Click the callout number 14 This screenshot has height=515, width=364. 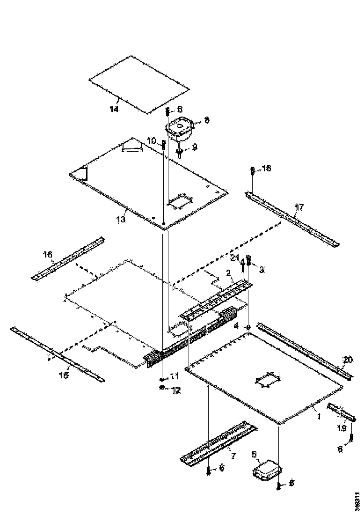coord(114,109)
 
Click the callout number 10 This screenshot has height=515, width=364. coord(151,141)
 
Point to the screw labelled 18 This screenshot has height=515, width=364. coord(253,170)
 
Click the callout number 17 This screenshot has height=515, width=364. coord(299,206)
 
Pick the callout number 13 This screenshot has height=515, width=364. coord(121,219)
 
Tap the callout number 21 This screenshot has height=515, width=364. coord(234,257)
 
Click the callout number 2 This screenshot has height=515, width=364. coord(228,272)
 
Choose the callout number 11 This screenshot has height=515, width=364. coord(174,376)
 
